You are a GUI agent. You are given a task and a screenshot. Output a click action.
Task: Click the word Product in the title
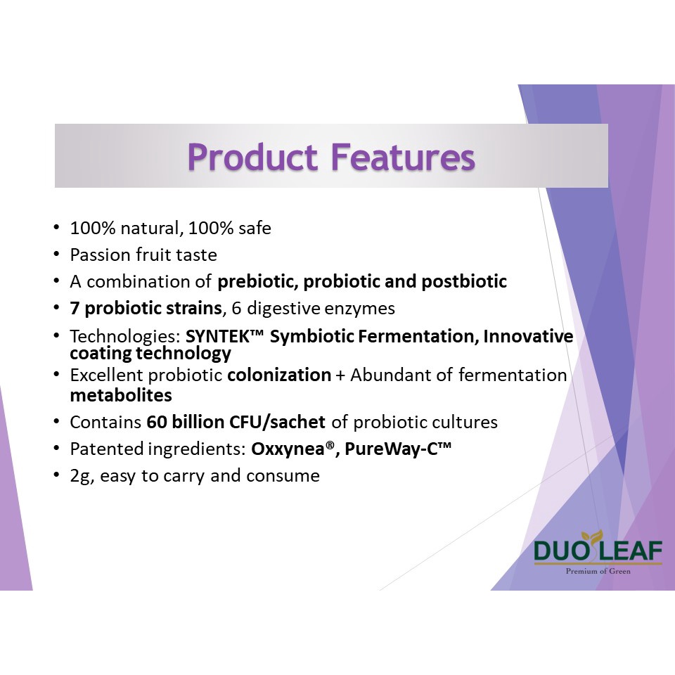pyautogui.click(x=252, y=157)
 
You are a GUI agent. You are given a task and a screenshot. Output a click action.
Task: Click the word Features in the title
pyautogui.click(x=403, y=157)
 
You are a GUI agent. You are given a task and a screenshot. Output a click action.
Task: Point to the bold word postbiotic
pyautogui.click(x=464, y=281)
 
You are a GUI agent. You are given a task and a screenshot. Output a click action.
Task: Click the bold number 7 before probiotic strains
pyautogui.click(x=75, y=308)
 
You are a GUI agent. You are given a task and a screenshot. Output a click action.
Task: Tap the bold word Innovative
pyautogui.click(x=528, y=336)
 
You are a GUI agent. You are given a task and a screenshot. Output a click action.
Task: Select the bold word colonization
pyautogui.click(x=279, y=375)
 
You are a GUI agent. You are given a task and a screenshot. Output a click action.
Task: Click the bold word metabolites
pyautogui.click(x=121, y=395)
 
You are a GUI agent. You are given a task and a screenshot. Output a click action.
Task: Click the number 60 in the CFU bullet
pyautogui.click(x=157, y=422)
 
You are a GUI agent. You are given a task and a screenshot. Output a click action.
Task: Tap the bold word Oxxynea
pyautogui.click(x=288, y=449)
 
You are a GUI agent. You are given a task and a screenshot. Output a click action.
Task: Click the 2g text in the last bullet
pyautogui.click(x=81, y=477)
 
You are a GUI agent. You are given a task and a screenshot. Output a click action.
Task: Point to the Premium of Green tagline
pyautogui.click(x=598, y=571)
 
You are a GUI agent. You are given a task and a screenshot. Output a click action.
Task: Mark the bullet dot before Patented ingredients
pyautogui.click(x=56, y=448)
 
